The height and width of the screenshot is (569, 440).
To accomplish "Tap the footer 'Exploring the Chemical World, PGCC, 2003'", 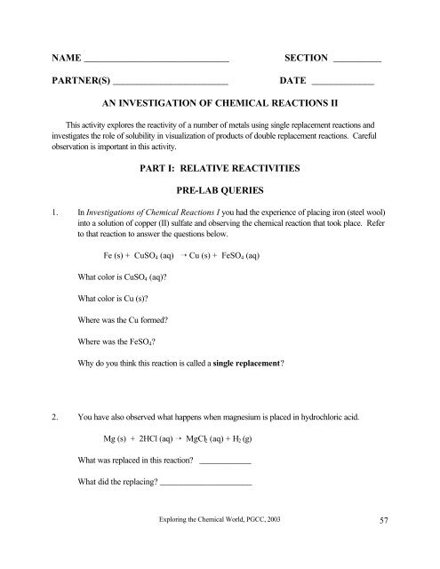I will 219,541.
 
